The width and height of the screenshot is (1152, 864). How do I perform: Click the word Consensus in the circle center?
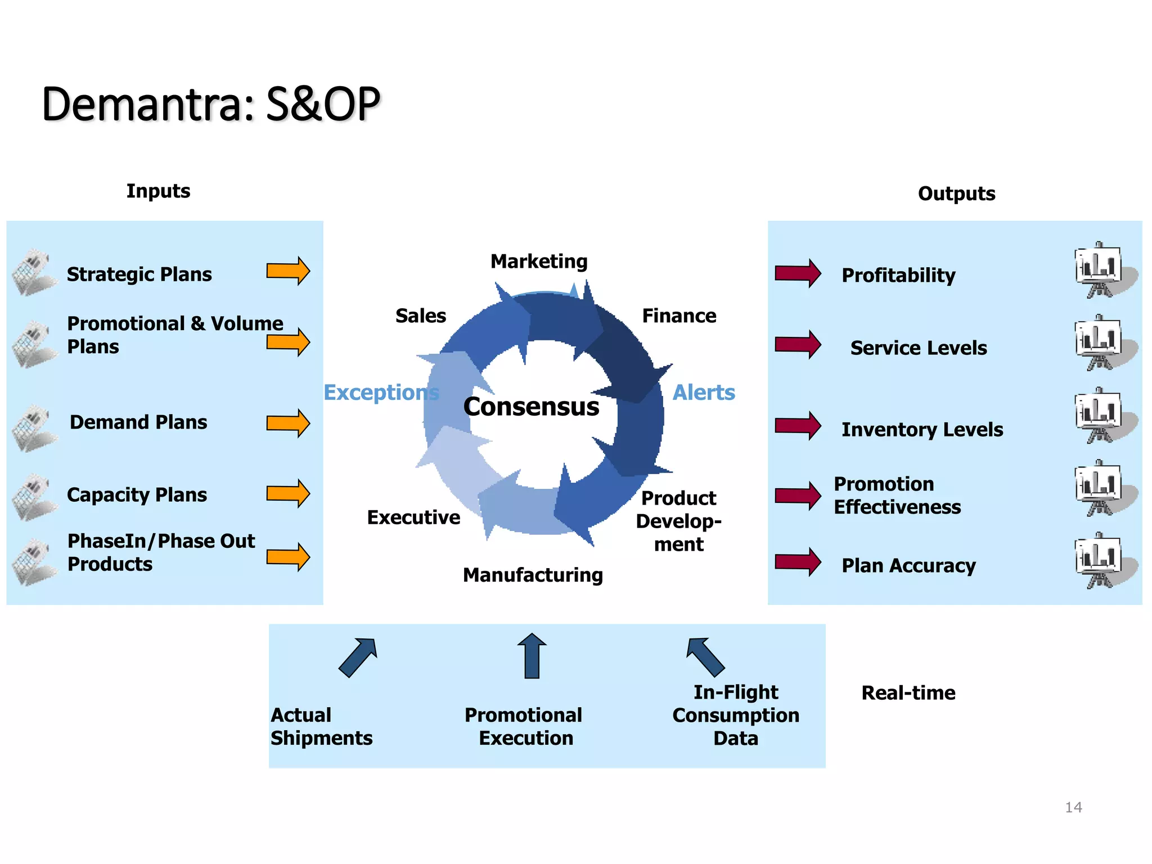click(531, 407)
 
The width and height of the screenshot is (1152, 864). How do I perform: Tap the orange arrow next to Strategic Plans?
click(288, 271)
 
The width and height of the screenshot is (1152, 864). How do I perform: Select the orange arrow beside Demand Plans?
click(288, 423)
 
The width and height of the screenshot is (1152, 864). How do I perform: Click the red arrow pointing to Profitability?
click(798, 273)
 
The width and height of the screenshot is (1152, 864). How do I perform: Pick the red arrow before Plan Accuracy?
click(798, 561)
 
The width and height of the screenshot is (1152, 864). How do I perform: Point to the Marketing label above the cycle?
click(539, 262)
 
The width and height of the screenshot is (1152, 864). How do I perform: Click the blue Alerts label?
click(704, 393)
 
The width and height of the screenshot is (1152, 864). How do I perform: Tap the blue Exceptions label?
click(381, 393)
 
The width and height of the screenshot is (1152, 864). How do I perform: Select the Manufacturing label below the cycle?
click(533, 575)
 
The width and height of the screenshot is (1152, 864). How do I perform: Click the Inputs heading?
click(158, 191)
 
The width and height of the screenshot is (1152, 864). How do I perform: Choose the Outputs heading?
click(956, 193)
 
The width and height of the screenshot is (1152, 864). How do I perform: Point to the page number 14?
click(1073, 808)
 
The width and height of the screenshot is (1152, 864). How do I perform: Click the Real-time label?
click(908, 693)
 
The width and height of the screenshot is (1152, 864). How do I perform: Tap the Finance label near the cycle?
click(679, 316)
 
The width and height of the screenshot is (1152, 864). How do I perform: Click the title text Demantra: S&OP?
click(211, 105)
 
